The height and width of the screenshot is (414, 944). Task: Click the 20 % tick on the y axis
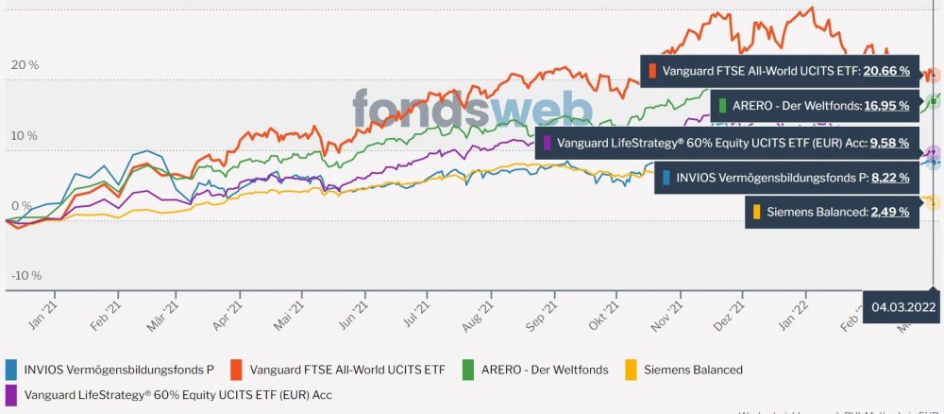point(25,65)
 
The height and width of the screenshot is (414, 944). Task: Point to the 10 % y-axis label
point(25,135)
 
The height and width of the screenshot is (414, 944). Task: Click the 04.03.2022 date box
point(903,306)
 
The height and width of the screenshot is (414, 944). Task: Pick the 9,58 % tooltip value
point(888,143)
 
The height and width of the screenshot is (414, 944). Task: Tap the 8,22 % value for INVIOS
point(888,177)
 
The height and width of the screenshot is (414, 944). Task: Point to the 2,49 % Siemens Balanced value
point(888,212)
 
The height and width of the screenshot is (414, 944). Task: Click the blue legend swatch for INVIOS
point(11,370)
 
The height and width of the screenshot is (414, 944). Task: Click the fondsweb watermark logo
point(472,109)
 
